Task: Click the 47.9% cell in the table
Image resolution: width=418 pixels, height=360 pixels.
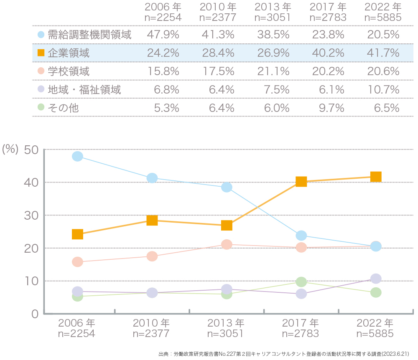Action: tap(163, 35)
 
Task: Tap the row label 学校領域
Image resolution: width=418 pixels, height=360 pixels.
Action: tap(69, 71)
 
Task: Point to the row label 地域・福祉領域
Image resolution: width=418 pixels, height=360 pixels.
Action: tap(84, 90)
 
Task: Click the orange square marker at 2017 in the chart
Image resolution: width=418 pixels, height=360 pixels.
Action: tap(301, 181)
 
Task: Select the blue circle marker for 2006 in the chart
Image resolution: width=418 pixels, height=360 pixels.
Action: tap(77, 156)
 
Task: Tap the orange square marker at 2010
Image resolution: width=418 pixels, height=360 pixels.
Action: tap(152, 220)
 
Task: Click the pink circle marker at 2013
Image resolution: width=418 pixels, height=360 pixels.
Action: tap(227, 244)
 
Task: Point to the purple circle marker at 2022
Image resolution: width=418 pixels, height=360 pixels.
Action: tap(376, 279)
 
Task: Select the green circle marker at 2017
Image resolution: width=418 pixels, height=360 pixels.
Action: tap(301, 282)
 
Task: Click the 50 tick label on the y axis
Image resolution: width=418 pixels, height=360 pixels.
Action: tap(32, 150)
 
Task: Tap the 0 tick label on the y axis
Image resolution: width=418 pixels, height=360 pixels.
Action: tap(35, 314)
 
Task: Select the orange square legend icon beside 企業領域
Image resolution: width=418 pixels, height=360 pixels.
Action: tap(41, 53)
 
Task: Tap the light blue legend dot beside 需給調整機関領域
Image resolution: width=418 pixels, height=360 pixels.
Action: tap(41, 35)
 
